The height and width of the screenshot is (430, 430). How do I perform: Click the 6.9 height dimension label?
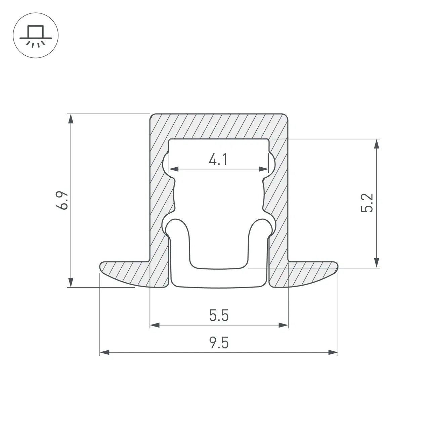coord(62,200)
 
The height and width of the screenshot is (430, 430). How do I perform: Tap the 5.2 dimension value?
coord(367,203)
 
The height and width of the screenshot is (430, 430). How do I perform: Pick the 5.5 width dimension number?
coord(219,315)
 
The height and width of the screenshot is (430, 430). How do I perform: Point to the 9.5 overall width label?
coord(219,343)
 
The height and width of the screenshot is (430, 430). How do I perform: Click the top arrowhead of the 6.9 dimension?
coord(71,119)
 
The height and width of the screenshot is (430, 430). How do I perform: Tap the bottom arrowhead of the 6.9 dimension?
coord(71,283)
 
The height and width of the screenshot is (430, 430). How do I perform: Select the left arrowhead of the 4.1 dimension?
coord(174,169)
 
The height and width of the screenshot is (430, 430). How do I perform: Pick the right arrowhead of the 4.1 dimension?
coord(264,169)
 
